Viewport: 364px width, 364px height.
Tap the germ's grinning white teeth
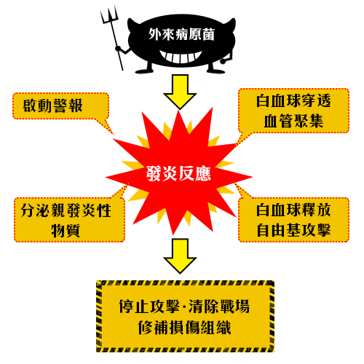tap(181, 57)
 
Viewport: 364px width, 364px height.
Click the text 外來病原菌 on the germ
tap(181, 34)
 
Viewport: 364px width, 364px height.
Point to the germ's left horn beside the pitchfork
tap(132, 23)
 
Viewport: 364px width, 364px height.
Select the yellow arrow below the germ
tap(180, 92)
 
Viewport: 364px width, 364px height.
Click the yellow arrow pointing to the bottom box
tap(180, 256)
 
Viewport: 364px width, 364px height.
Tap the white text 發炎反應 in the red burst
tap(178, 173)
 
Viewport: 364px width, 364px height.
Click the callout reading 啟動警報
tap(60, 106)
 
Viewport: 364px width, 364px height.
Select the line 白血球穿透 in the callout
tap(293, 101)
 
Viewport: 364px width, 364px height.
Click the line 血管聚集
tap(293, 121)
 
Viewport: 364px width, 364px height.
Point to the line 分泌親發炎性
tap(66, 210)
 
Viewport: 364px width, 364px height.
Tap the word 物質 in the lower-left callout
tap(66, 230)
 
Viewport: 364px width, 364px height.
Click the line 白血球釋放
tap(293, 210)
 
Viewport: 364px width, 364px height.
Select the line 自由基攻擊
tap(293, 230)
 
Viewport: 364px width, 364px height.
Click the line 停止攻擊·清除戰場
tap(184, 306)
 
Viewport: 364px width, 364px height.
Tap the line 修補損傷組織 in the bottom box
tap(184, 328)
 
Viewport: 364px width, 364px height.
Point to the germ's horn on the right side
tap(231, 24)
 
